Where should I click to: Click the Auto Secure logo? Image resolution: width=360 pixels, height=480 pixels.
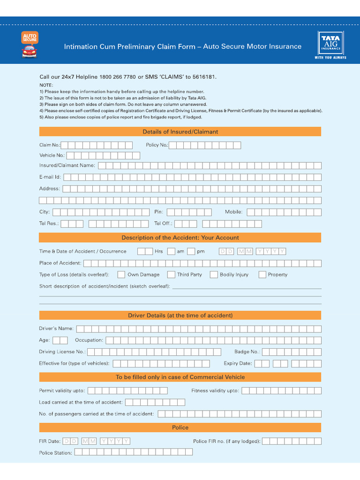coord(30,45)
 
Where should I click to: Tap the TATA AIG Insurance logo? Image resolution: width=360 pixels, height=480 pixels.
coord(330,45)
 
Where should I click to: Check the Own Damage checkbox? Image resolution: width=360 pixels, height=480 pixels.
coord(121,275)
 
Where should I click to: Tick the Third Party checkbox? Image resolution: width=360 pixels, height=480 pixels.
coord(171,275)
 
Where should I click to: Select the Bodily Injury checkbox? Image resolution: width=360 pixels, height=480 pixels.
coord(214,275)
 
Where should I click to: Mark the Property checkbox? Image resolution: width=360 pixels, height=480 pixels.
coord(262,275)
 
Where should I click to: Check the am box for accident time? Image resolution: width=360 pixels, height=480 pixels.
coord(171,251)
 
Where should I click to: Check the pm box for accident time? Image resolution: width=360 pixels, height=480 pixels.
coord(191,251)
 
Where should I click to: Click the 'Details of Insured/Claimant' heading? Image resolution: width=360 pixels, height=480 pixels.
coord(180,132)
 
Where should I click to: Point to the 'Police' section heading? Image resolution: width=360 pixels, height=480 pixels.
coord(180,427)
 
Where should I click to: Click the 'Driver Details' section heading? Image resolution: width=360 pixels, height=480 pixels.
coord(180,315)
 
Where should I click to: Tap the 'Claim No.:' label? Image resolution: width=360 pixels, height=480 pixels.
coord(50,145)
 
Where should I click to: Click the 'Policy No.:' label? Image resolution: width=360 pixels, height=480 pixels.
coord(157,145)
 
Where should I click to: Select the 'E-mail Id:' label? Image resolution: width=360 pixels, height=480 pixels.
coord(50,177)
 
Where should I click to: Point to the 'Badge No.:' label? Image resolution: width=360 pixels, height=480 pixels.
coord(247,352)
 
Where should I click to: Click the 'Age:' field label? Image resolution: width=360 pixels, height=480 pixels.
coord(44,340)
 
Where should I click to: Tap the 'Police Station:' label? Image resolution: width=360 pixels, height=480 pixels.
coord(55,453)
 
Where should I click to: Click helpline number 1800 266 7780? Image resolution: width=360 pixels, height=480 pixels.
coord(118,77)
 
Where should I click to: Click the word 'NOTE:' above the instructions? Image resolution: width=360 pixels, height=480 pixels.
coord(46,85)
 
